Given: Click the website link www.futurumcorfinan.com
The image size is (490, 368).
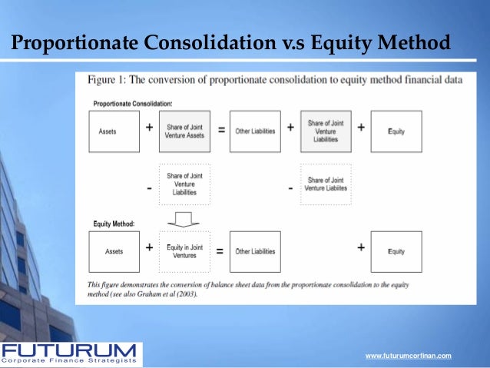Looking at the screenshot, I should pyautogui.click(x=408, y=356).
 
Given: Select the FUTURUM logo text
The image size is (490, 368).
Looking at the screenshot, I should pyautogui.click(x=69, y=350).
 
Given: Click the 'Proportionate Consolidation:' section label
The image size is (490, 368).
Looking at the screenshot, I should pyautogui.click(x=132, y=102).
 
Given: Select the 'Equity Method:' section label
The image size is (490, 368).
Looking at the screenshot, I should pyautogui.click(x=114, y=223).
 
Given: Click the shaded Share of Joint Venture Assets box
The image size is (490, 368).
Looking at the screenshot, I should pyautogui.click(x=184, y=131).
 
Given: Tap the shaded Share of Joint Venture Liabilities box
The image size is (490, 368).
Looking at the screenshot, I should pyautogui.click(x=326, y=131).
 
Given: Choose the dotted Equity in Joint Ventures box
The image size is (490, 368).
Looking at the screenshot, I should pyautogui.click(x=184, y=251).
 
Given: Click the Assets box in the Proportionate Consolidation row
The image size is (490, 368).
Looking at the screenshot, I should pyautogui.click(x=114, y=131).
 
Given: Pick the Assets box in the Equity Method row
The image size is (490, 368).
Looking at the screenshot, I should pyautogui.click(x=114, y=251).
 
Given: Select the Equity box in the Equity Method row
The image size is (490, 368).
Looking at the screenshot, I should pyautogui.click(x=396, y=251).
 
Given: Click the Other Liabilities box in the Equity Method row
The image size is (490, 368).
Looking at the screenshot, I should pyautogui.click(x=255, y=251).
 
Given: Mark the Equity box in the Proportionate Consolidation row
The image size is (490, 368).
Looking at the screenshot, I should pyautogui.click(x=396, y=131).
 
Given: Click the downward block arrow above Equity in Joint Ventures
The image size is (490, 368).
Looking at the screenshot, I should pyautogui.click(x=184, y=218).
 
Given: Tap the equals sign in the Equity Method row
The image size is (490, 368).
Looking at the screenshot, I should pyautogui.click(x=219, y=250).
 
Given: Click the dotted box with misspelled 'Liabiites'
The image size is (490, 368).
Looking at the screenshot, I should pyautogui.click(x=326, y=184).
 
